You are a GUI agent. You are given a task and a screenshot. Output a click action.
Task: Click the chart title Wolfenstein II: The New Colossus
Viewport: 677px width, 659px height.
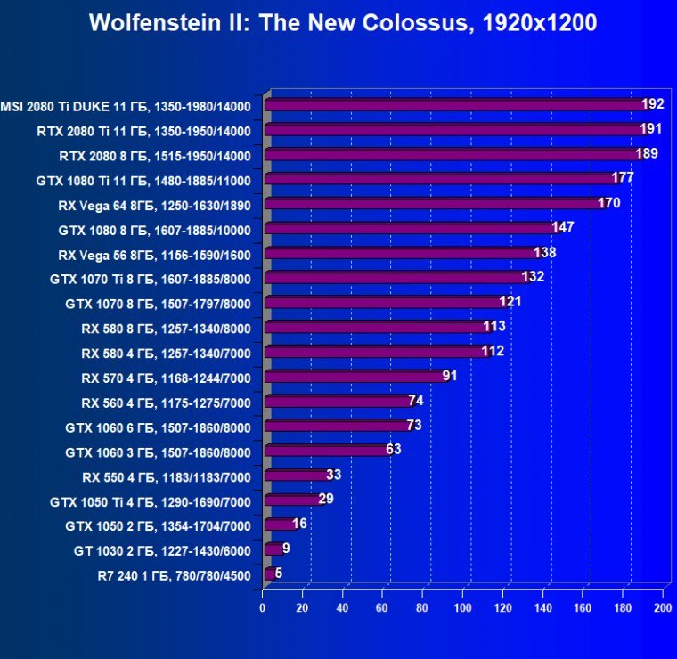[x=343, y=23]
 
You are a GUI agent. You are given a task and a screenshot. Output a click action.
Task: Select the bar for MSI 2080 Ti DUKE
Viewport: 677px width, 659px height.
[x=454, y=105]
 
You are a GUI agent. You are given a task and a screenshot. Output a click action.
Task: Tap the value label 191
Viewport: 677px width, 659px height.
[x=650, y=129]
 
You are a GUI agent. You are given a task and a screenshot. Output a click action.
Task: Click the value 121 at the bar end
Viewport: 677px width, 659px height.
[x=510, y=302]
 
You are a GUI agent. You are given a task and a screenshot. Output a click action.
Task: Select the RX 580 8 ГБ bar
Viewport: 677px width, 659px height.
[x=374, y=327]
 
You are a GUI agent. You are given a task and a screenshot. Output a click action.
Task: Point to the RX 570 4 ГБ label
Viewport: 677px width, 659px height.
[x=166, y=378]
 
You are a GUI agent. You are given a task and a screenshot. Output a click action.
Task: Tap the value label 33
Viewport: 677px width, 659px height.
[x=334, y=475]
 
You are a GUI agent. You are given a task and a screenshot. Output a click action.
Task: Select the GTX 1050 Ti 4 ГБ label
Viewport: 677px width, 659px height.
[x=151, y=502]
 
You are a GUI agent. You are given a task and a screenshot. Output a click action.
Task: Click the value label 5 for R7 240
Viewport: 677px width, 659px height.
[x=279, y=574]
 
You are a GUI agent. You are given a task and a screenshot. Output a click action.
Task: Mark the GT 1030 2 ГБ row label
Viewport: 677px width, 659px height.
[x=162, y=551]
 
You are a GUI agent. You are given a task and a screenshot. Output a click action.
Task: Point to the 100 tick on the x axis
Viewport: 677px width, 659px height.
[x=462, y=608]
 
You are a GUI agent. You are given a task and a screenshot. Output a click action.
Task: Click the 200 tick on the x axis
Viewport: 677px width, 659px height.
[x=662, y=608]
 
